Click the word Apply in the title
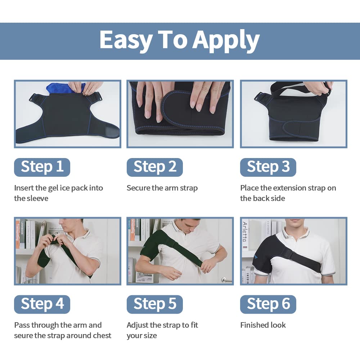pos(226,40)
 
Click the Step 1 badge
pos(42,167)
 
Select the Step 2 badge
pos(155,167)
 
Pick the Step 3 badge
pos(268,167)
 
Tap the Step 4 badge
pos(42,304)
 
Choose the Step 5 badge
pos(155,304)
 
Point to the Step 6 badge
pos(268,304)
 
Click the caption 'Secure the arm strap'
pos(162,188)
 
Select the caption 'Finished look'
pos(263,325)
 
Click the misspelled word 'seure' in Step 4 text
pos(23,336)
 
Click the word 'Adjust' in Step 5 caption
pos(137,325)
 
